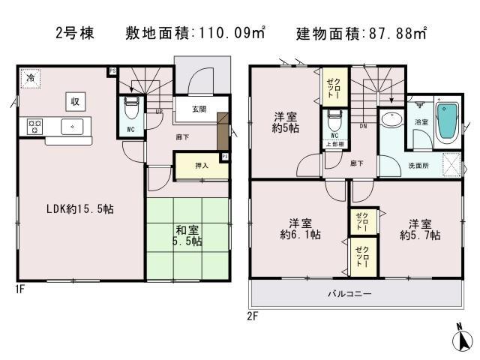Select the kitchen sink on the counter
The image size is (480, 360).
tap(72, 126)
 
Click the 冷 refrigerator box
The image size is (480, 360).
tap(31, 77)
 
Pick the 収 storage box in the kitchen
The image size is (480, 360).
tap(76, 101)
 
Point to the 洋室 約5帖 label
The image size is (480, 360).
tap(284, 121)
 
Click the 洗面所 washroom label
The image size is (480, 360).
tap(418, 164)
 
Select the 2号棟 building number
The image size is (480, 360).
tap(75, 34)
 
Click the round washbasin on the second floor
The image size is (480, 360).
tap(391, 120)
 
